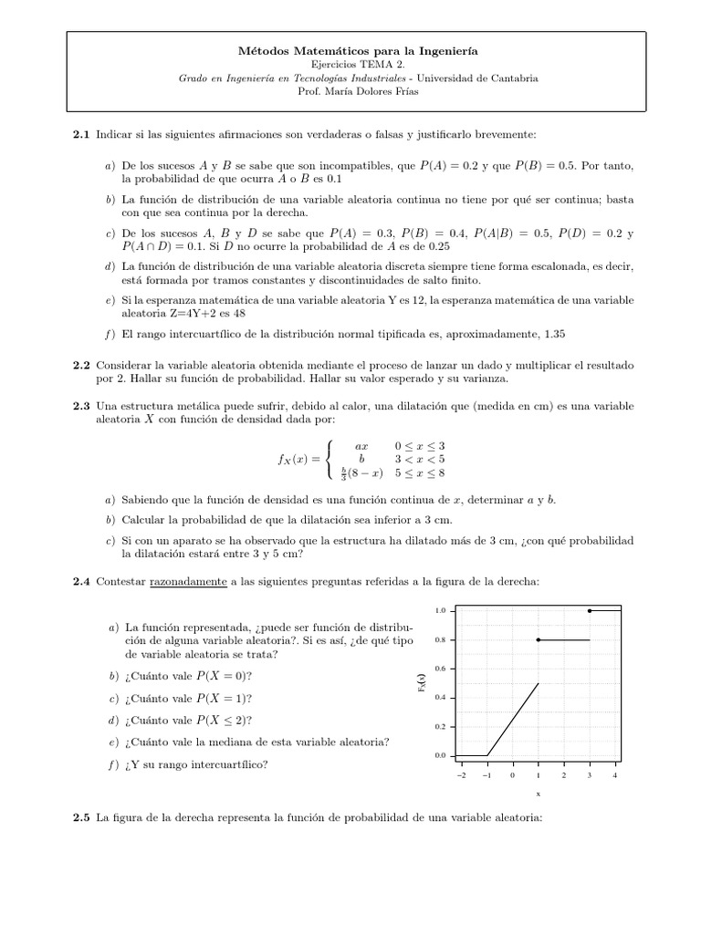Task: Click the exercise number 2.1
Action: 81,136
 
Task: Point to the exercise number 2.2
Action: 81,364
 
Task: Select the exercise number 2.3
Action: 81,405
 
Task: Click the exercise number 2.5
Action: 81,818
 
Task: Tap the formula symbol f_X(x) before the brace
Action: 298,459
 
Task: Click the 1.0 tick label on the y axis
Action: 440,610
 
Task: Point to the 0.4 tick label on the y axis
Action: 440,698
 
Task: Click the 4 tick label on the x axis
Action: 615,774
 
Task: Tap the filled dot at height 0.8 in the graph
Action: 539,639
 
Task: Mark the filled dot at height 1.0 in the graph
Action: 590,610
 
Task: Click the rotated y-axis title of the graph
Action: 420,682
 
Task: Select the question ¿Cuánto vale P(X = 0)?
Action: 189,676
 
